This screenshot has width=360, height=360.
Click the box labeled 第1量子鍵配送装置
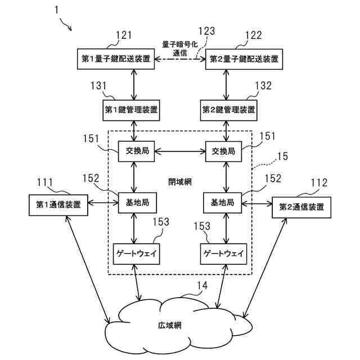coord(116,58)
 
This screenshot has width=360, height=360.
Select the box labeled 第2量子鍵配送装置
coord(244,58)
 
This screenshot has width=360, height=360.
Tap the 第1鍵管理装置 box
coord(131,109)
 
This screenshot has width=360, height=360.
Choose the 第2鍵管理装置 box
coord(228,109)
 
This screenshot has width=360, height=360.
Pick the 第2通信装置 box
coord(301,206)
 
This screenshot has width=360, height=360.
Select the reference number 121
coord(124,35)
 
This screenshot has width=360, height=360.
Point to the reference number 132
coord(263,85)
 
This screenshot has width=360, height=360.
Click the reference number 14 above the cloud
coord(201,286)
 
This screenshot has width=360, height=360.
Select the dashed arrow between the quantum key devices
coord(180,58)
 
